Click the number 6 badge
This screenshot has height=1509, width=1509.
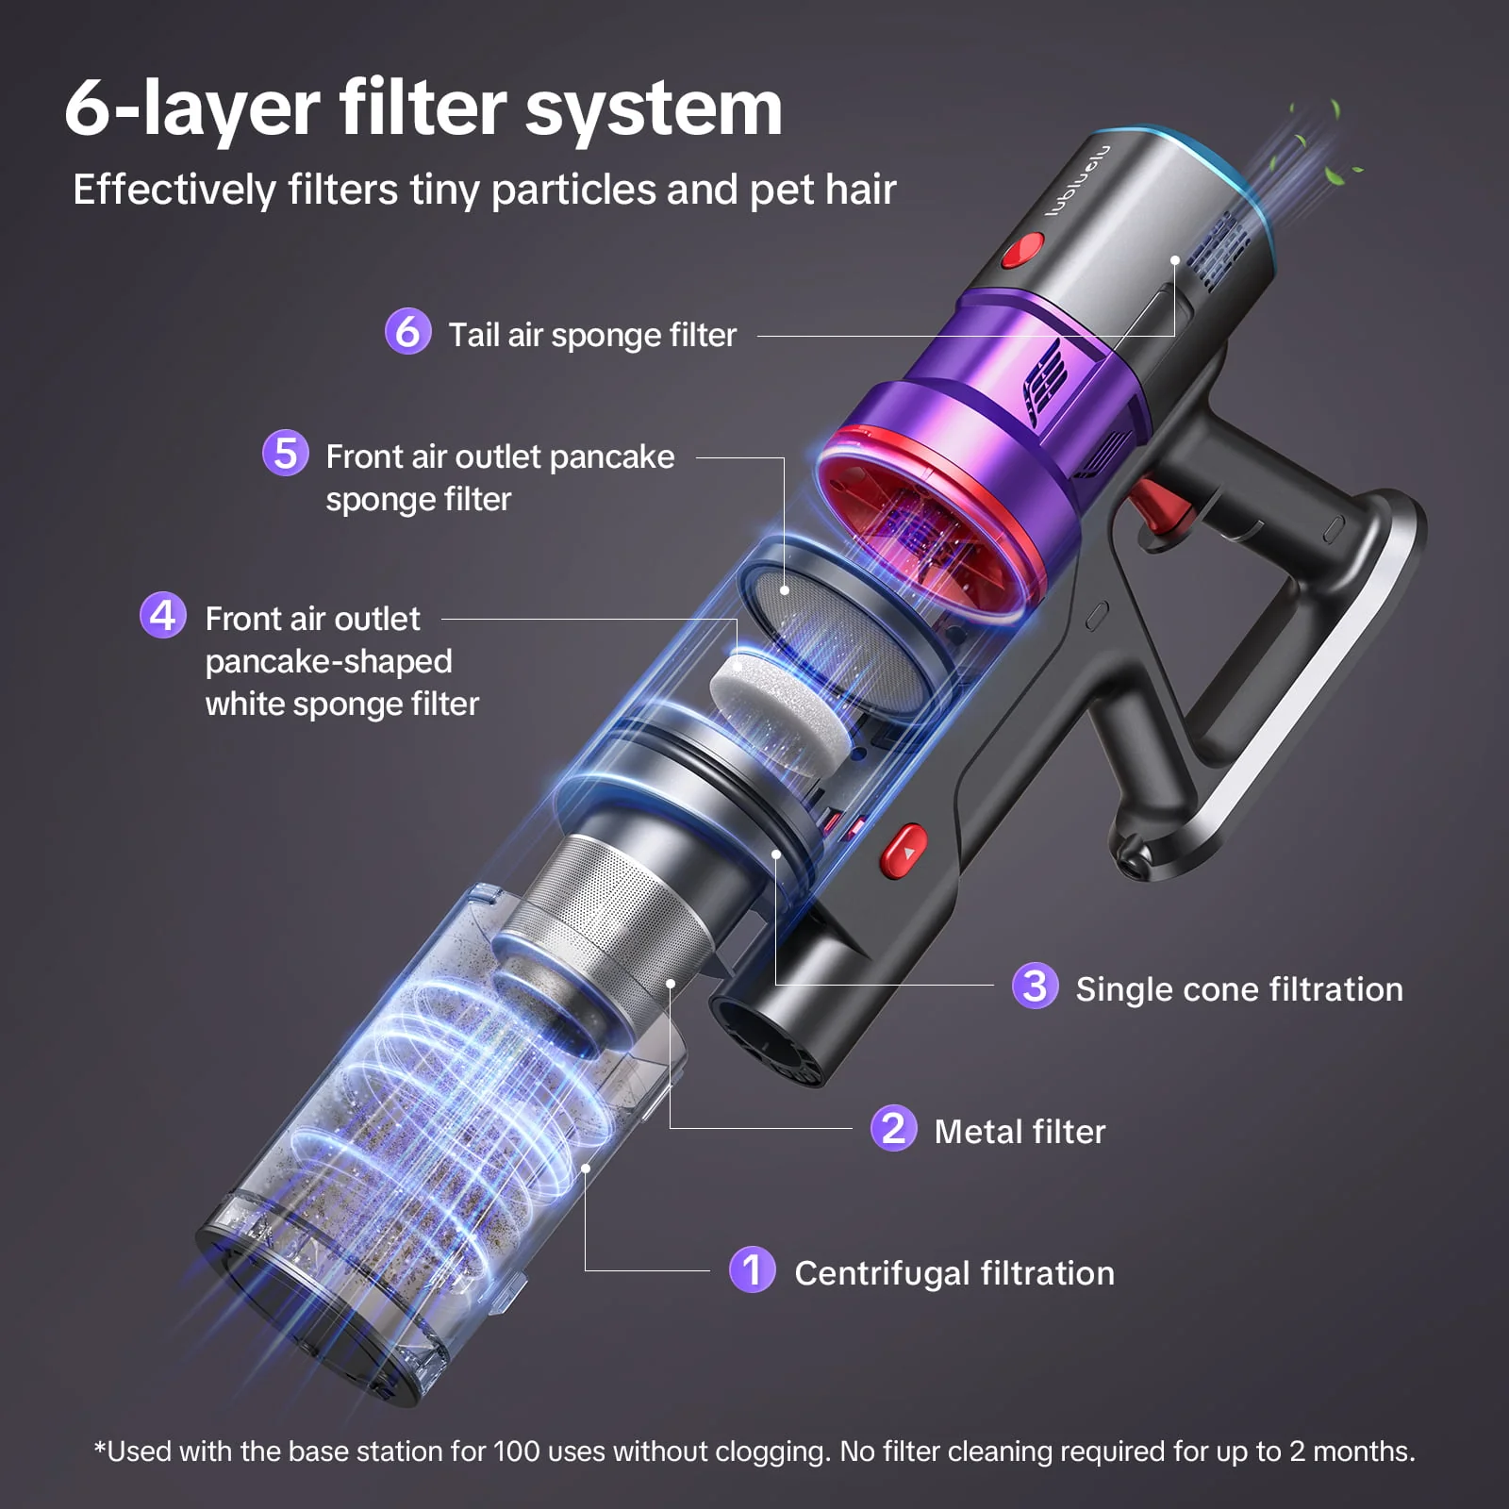click(x=407, y=332)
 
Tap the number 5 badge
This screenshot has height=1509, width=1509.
click(x=285, y=454)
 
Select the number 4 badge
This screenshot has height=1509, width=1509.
click(x=163, y=616)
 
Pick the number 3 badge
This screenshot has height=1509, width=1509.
click(x=1035, y=987)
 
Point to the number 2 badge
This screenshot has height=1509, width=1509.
click(x=893, y=1129)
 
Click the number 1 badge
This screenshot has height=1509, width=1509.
click(x=752, y=1270)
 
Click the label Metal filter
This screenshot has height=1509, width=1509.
click(x=1020, y=1131)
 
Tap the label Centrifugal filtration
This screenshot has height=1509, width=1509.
click(x=954, y=1272)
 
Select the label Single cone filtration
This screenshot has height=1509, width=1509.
click(x=1239, y=988)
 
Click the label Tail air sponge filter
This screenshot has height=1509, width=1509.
click(x=592, y=335)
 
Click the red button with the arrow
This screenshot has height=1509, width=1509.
click(x=904, y=850)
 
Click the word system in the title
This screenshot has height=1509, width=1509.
click(x=653, y=108)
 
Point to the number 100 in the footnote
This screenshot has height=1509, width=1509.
click(x=516, y=1451)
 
